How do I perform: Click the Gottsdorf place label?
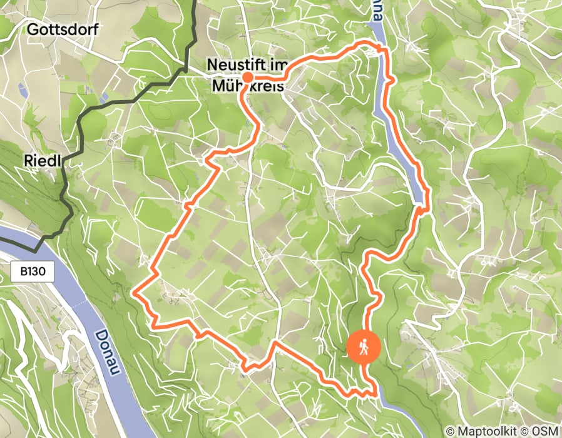63,29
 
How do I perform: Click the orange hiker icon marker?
364,346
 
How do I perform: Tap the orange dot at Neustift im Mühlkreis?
247,78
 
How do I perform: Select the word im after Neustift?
280,65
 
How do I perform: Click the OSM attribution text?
546,431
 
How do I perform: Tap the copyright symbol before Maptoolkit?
451,431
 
